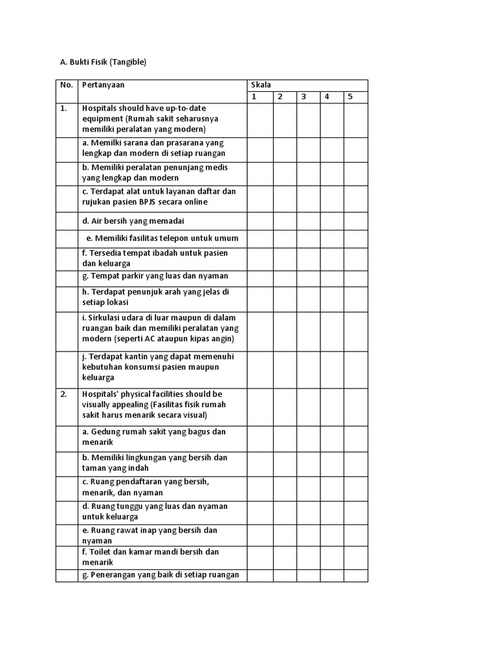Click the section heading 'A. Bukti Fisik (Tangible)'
point(104,62)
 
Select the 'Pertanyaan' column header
point(104,85)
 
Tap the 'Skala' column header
point(261,85)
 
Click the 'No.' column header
point(67,85)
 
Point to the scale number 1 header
point(254,97)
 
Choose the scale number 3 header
point(303,97)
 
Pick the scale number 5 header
point(350,97)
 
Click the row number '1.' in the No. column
point(64,108)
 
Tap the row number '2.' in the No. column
point(64,394)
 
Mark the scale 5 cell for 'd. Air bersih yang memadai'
point(355,221)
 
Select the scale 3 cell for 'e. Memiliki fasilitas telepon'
point(308,238)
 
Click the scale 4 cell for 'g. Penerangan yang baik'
point(331,576)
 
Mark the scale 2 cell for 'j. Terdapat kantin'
point(284,370)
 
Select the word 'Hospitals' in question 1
point(100,107)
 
